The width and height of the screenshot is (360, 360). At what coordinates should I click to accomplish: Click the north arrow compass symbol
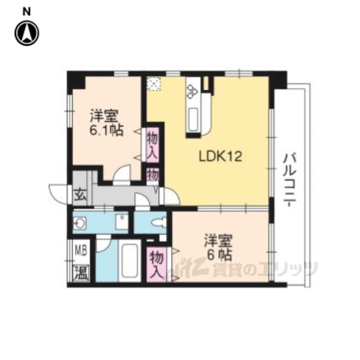pos(27,33)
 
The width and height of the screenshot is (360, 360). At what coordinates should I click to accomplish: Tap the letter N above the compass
pos(26,12)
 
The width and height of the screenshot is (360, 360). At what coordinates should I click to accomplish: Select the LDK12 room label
pos(220,157)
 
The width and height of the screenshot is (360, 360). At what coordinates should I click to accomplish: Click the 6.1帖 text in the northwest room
pos(106,130)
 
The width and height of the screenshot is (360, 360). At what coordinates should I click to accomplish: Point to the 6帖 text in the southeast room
pos(219,254)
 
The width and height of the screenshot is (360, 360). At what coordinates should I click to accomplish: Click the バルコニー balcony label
pos(289,181)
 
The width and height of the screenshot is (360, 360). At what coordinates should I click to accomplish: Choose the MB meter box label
pos(81,251)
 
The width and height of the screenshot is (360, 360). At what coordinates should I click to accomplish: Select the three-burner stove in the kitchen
pos(192,91)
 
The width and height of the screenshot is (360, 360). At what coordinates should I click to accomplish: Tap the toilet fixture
pos(159,223)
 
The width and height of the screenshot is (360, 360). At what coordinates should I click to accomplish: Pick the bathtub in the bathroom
pos(130,261)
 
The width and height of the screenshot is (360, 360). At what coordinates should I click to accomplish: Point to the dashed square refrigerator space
pos(154,84)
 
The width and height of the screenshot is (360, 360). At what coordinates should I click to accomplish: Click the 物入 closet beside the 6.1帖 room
pos(152,145)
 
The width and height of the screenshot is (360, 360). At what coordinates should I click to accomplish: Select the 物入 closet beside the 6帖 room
pos(156,264)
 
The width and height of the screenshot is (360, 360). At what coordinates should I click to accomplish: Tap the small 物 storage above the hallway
pos(152,175)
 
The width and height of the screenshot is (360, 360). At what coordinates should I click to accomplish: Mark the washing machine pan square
pos(121,222)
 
